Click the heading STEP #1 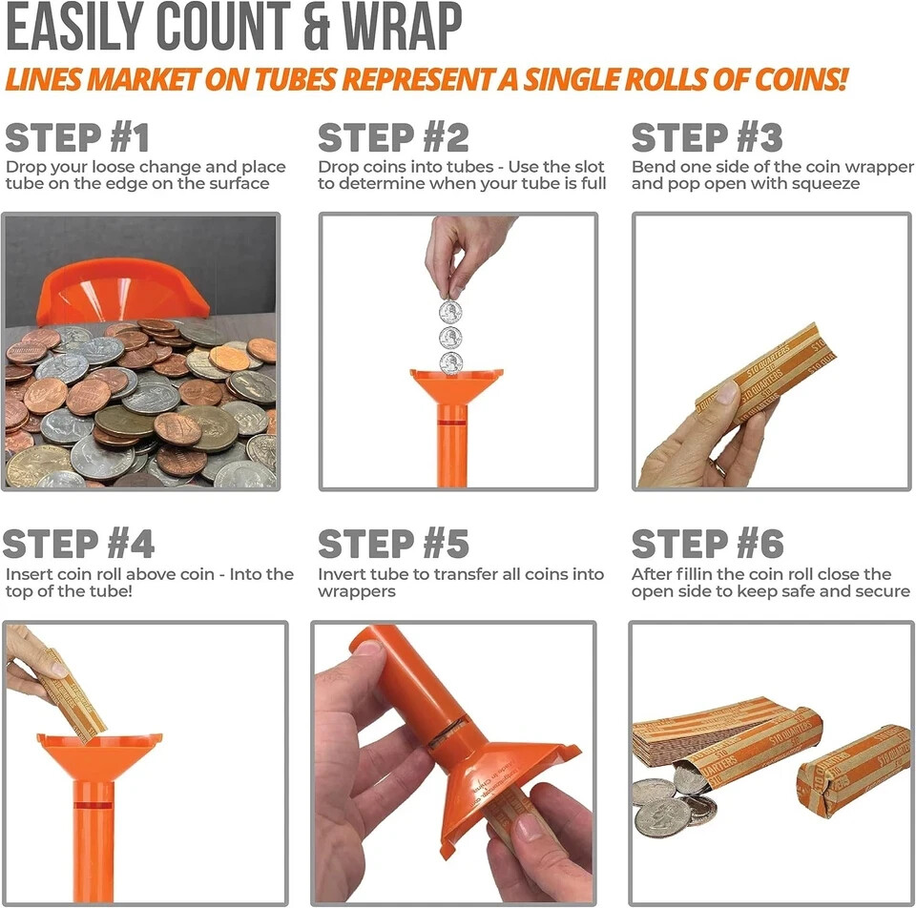77,138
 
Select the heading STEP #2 393,138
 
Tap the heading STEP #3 707,138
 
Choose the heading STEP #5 393,545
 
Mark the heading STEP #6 707,545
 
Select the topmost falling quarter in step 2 450,312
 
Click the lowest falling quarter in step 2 450,362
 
